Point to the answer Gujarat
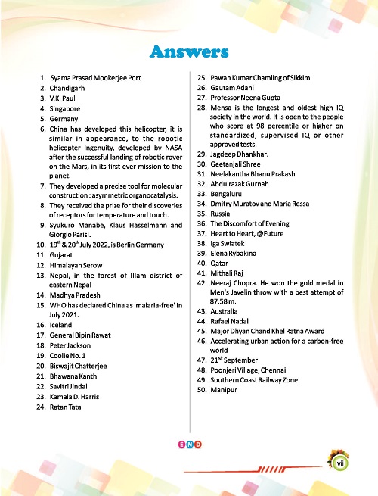64,257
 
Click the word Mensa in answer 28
222,109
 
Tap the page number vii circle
341,458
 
